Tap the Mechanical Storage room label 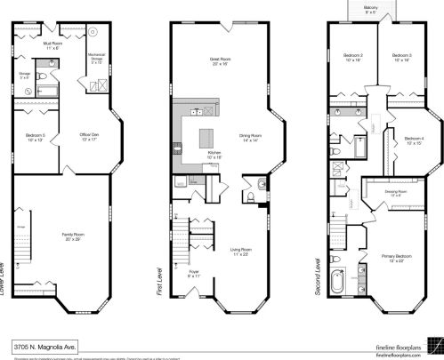coord(97,60)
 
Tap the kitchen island coord(206,139)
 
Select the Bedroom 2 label coord(351,58)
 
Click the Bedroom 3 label coord(401,58)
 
